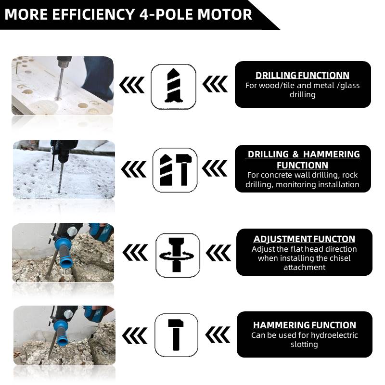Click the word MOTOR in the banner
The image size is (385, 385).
tap(224, 14)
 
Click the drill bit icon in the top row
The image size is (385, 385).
tap(173, 87)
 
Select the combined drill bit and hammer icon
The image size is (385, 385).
tap(175, 170)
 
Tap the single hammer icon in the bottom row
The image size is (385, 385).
tap(176, 335)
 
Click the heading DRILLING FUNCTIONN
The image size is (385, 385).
tap(302, 75)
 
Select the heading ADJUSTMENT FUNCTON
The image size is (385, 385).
tap(304, 239)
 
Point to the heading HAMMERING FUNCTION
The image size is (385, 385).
tap(305, 325)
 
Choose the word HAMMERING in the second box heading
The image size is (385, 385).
tap(332, 154)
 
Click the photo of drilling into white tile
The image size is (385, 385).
tap(63, 86)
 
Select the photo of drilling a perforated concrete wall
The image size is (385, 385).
tap(64, 169)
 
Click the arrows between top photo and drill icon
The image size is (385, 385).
tap(132, 85)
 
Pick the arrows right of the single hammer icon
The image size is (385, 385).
tap(218, 335)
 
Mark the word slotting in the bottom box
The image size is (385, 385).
tap(304, 344)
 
